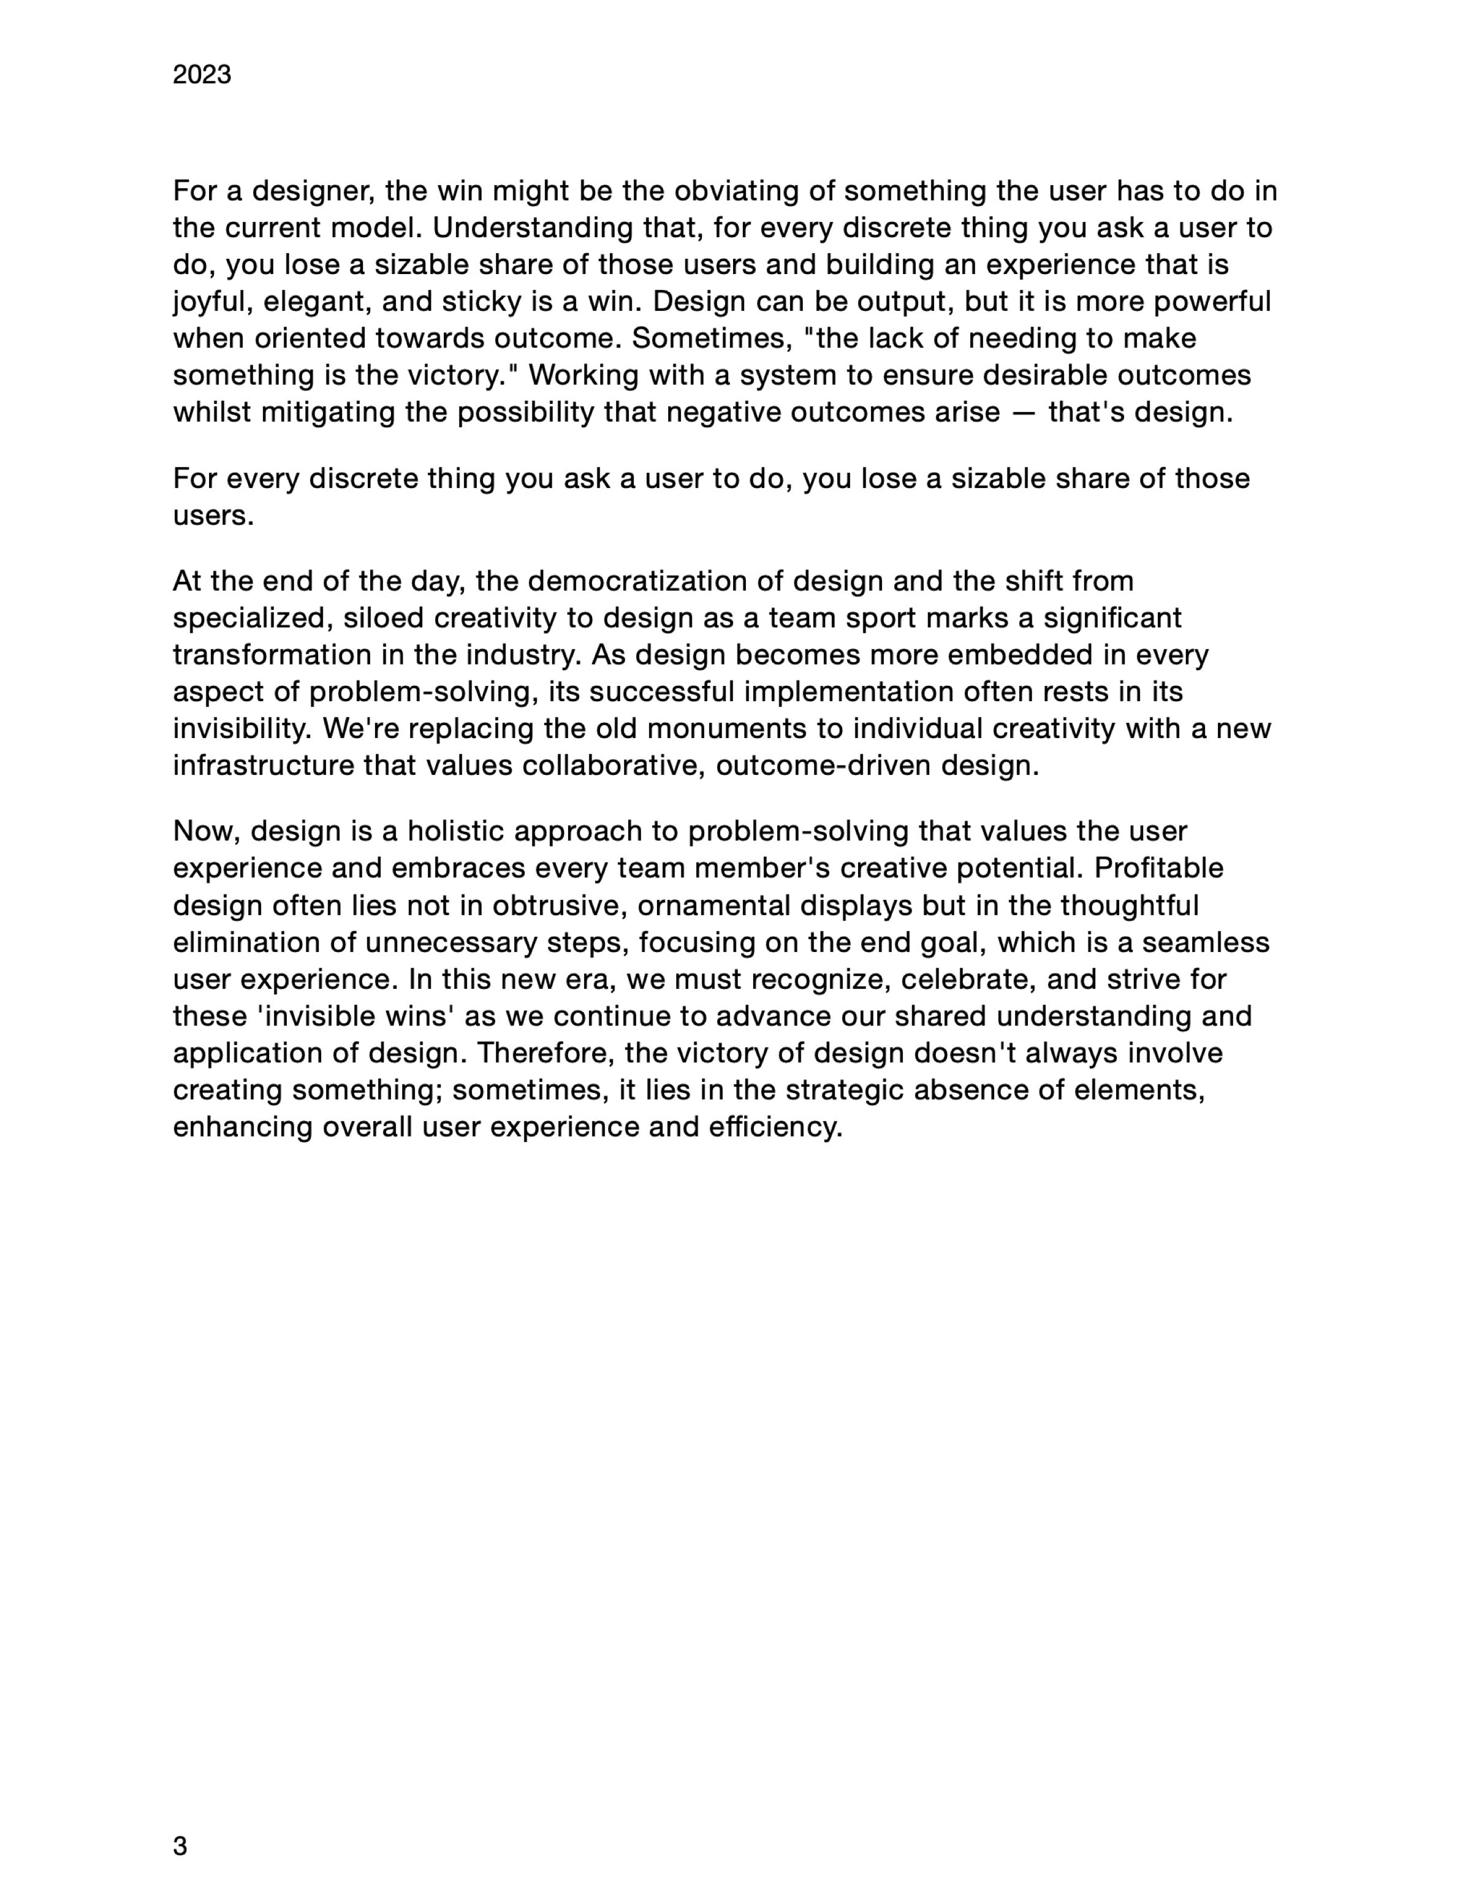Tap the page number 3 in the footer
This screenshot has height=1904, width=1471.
(180, 1846)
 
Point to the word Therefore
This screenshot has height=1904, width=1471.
(545, 1053)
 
